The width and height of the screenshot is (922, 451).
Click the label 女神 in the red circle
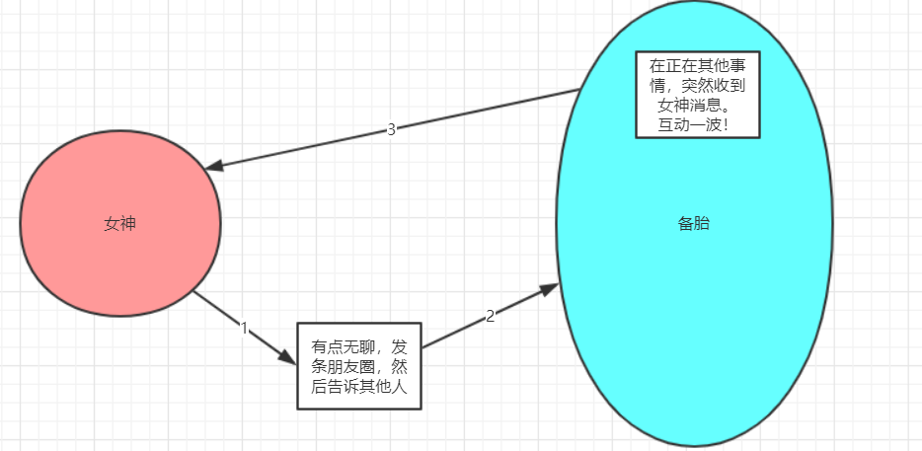tap(119, 224)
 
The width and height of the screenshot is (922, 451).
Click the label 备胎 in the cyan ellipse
tap(693, 224)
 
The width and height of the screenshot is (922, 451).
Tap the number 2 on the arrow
tap(490, 316)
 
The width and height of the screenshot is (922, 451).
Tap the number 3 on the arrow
tap(391, 129)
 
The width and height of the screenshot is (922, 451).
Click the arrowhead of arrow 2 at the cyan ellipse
tap(549, 288)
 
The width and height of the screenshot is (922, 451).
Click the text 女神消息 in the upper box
tap(684, 105)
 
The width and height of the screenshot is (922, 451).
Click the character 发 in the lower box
tap(399, 347)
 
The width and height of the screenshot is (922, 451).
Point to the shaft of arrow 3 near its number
tap(424, 122)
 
